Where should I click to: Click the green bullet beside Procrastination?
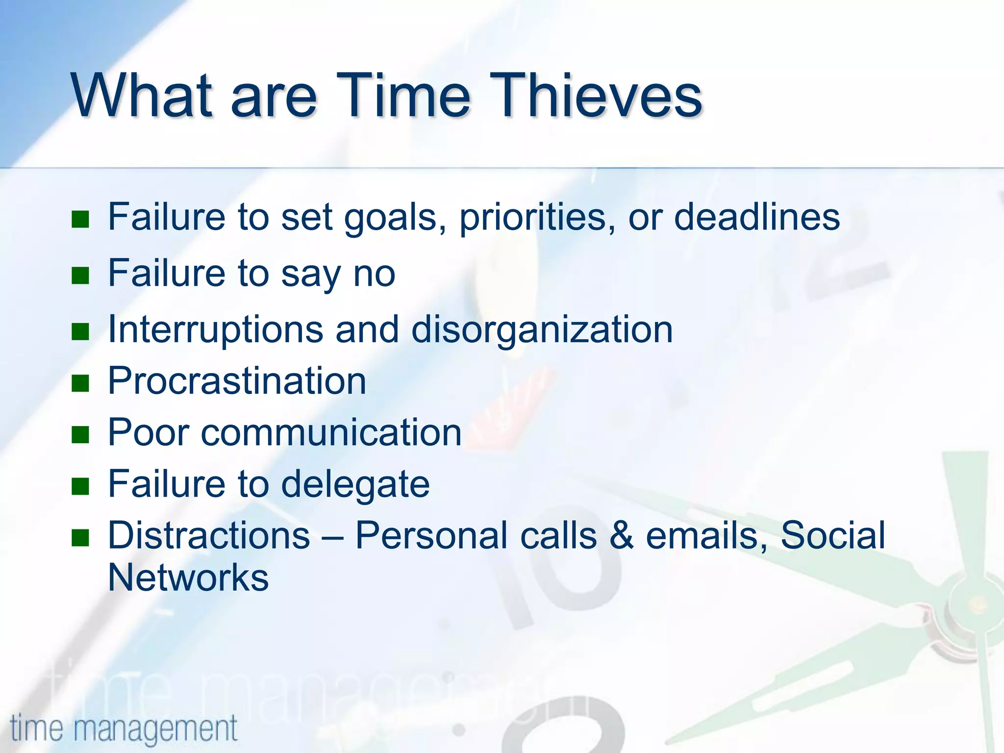(80, 383)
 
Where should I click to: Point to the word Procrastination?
(237, 381)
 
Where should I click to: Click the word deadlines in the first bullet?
(757, 217)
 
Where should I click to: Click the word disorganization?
(542, 329)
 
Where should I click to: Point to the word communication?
(331, 433)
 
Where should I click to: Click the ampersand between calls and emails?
(622, 535)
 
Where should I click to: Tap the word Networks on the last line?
(188, 577)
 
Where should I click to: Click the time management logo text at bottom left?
(124, 728)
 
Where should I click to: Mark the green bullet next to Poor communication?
(80, 434)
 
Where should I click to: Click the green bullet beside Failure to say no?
(80, 276)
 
